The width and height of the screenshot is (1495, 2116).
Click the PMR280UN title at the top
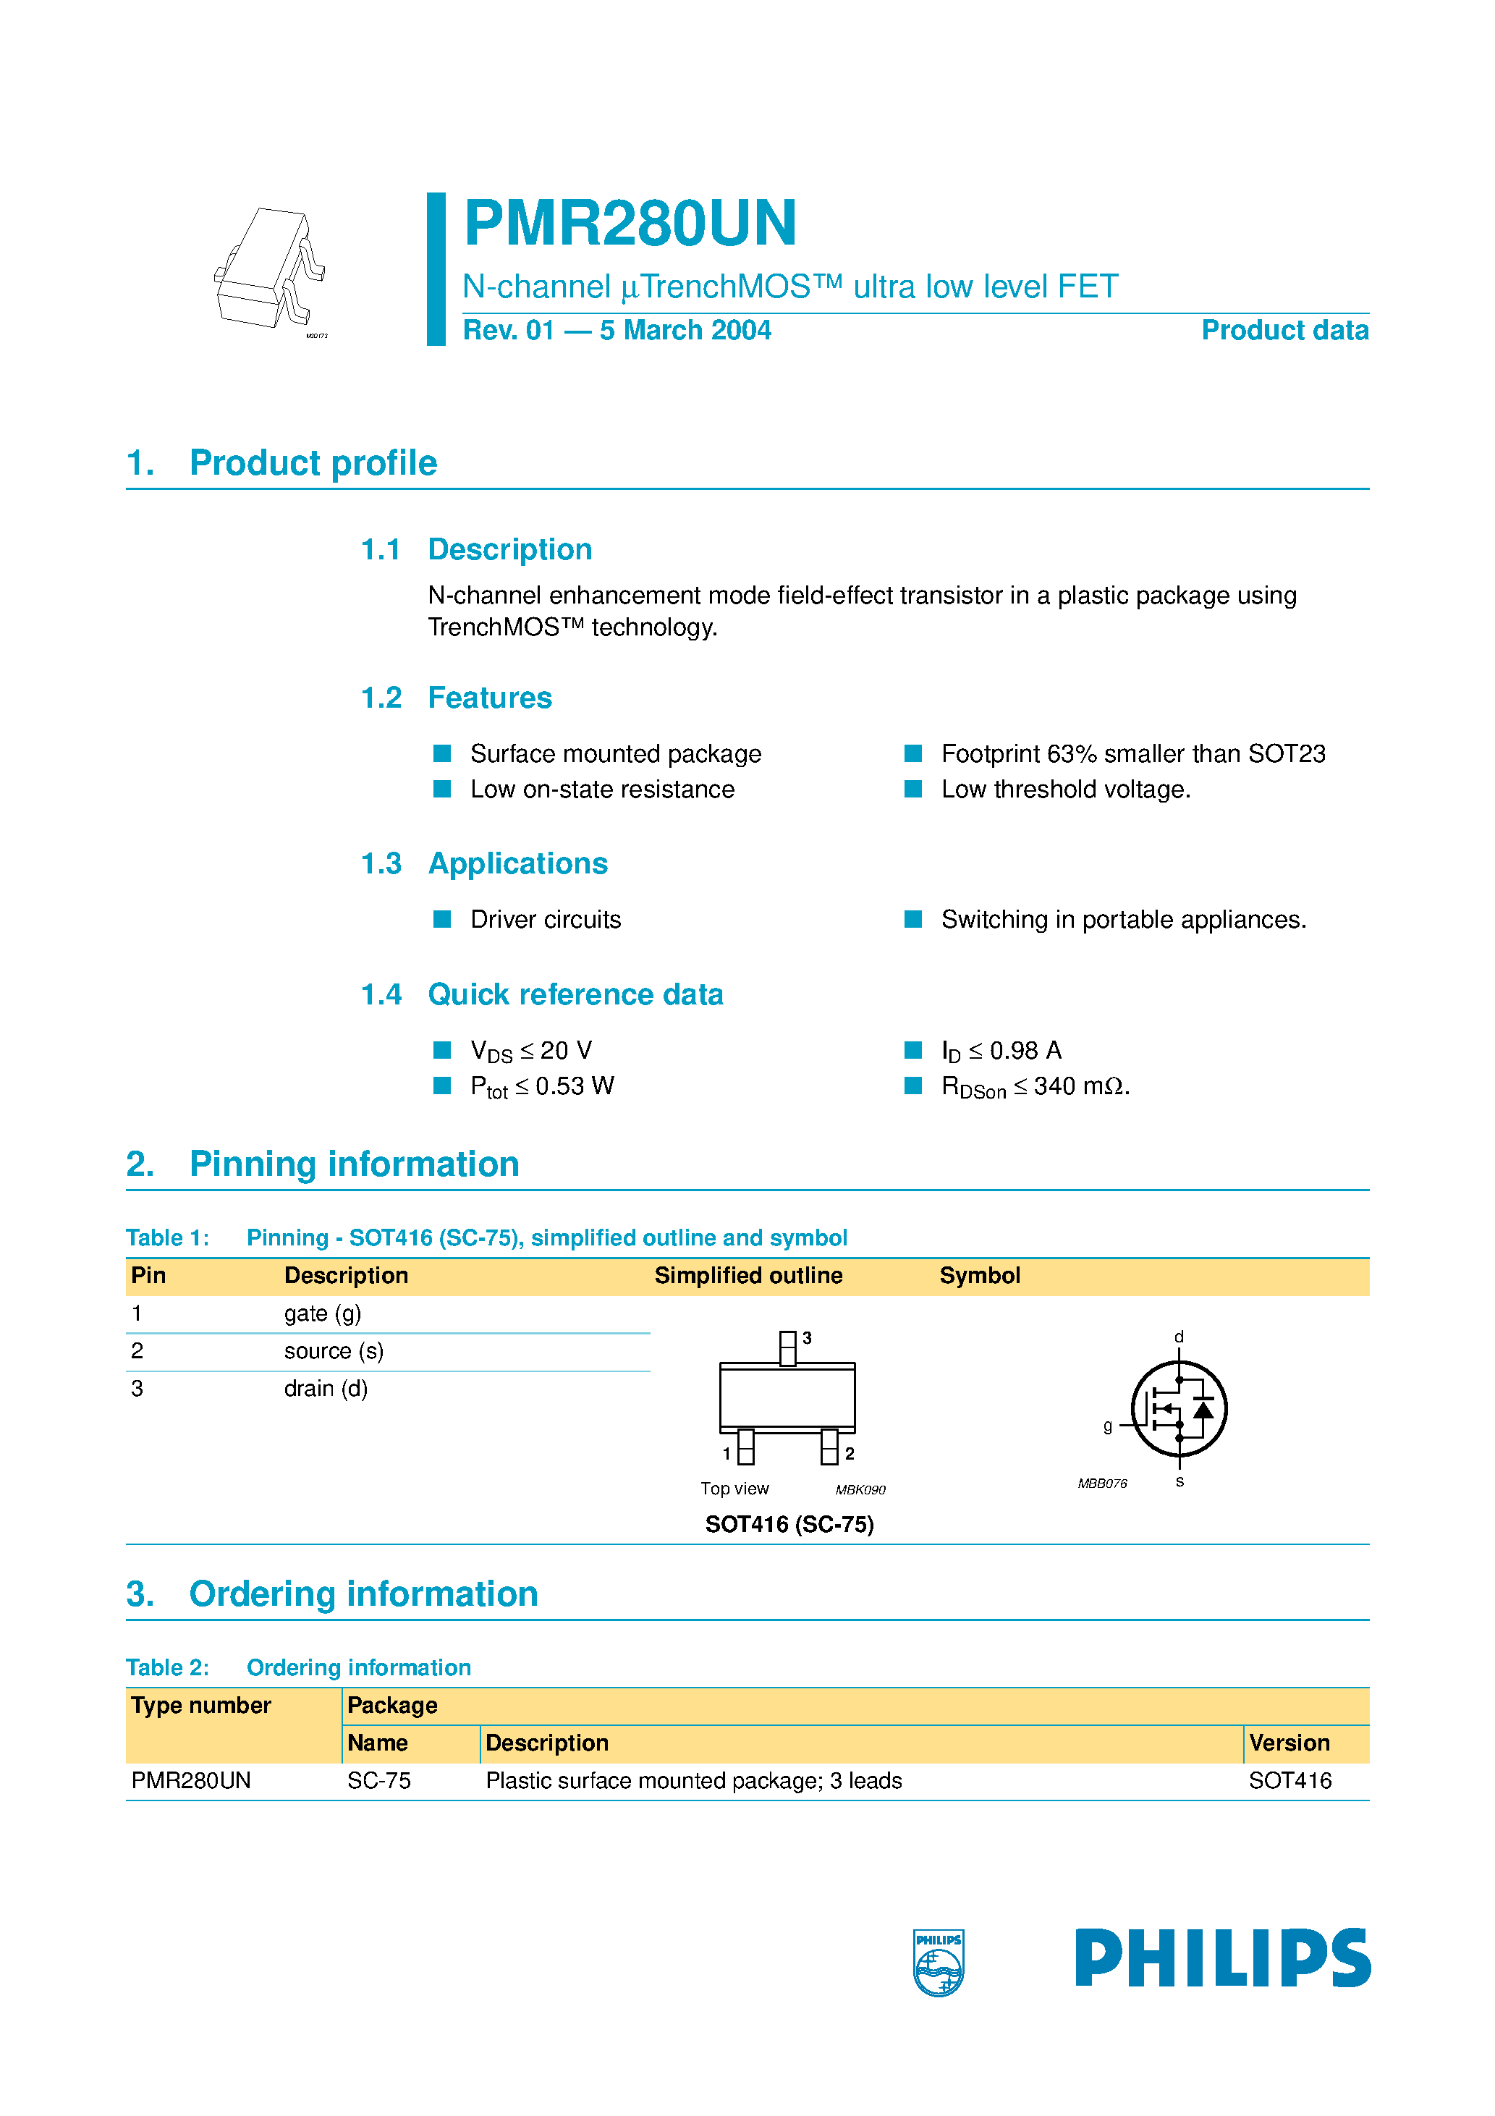(630, 223)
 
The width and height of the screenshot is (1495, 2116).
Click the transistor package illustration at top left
(270, 269)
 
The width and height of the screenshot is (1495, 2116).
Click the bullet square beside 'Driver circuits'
(442, 919)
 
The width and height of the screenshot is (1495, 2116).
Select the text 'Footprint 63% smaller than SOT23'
(1132, 754)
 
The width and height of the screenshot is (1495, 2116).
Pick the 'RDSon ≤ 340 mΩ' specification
(1034, 1086)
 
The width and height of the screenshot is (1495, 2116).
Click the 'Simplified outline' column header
(747, 1276)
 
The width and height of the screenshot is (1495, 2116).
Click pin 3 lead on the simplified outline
(788, 1347)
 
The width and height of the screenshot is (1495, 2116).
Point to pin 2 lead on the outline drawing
(829, 1446)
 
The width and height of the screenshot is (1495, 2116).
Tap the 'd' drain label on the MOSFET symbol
(1179, 1337)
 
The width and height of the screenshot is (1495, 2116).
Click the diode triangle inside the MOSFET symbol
(1203, 1409)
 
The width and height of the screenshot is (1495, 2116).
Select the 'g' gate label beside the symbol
(1108, 1426)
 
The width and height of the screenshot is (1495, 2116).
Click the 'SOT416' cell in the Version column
(1289, 1780)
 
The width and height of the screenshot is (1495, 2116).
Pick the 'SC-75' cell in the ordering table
(379, 1780)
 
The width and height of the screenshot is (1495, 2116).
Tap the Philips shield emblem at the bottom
(939, 1961)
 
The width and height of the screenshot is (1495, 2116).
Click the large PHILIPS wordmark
(1222, 1958)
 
